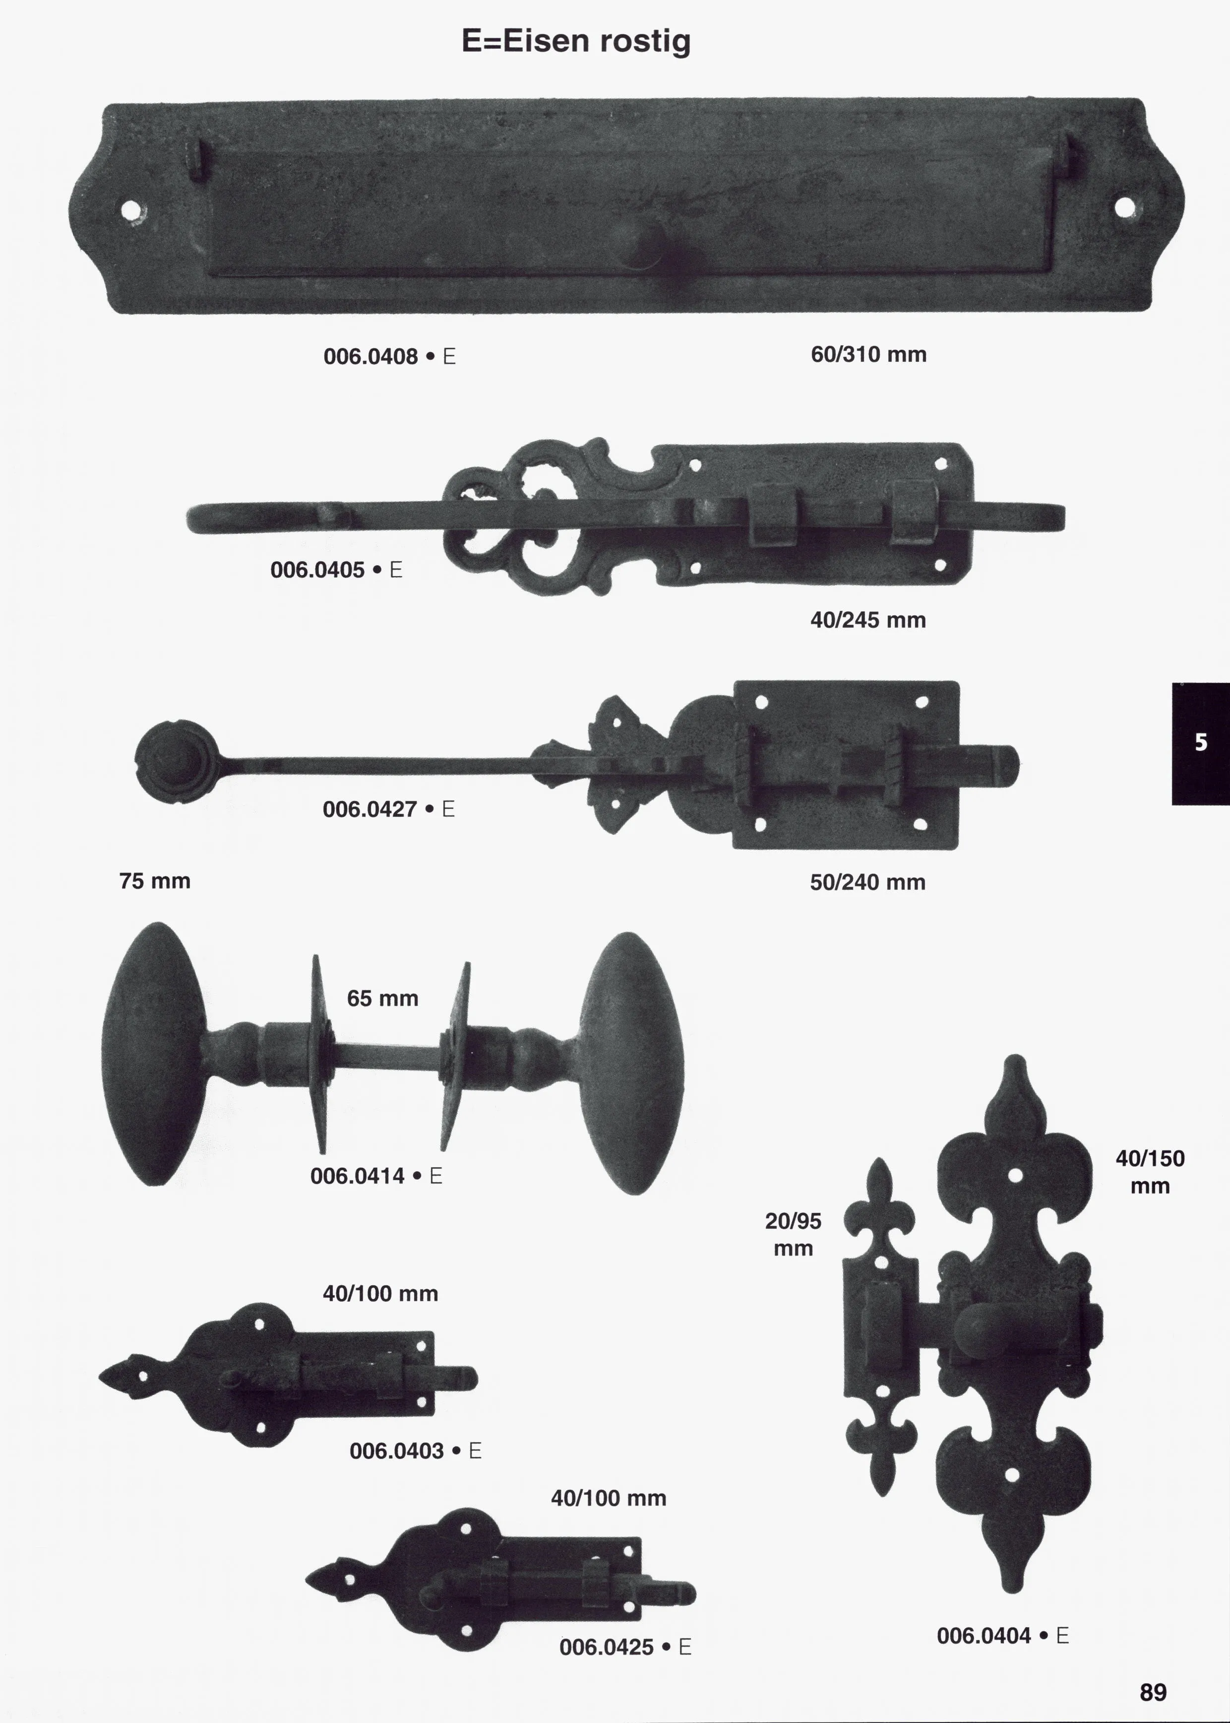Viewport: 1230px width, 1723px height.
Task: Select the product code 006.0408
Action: tap(370, 356)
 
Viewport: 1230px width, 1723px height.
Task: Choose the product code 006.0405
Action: tap(317, 570)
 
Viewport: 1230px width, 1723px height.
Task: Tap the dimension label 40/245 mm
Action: tap(868, 620)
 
